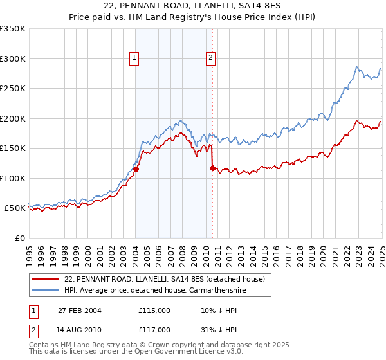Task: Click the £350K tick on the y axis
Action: (13, 29)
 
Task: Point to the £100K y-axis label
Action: (13, 178)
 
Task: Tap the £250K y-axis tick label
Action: (13, 89)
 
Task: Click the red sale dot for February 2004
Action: (136, 170)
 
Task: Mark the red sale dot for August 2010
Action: (212, 168)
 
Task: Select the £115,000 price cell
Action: (154, 310)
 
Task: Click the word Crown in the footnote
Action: (140, 345)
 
